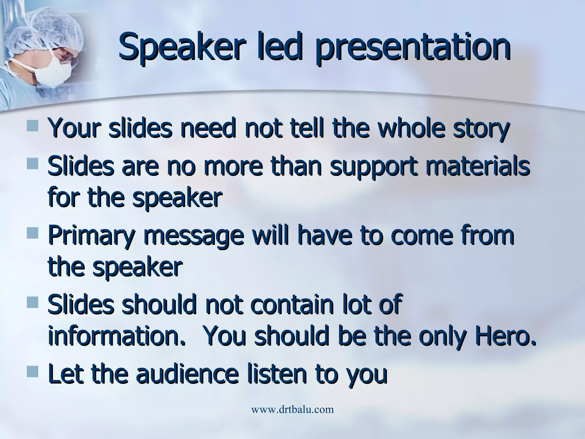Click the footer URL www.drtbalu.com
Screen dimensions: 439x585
pos(292,410)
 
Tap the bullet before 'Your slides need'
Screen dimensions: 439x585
pos(32,126)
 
